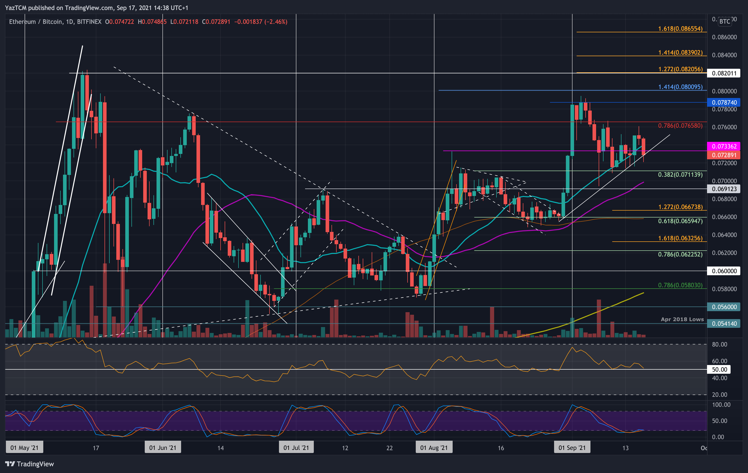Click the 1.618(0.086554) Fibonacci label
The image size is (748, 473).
click(680, 29)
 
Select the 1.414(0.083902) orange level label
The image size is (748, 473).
click(680, 53)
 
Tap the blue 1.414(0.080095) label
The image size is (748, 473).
click(680, 87)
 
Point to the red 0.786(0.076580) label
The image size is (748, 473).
click(680, 126)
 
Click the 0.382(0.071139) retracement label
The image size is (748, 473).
click(680, 174)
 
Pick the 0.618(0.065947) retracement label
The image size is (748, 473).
click(680, 221)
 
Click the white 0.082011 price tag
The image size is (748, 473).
click(724, 73)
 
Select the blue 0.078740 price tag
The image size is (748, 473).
click(724, 102)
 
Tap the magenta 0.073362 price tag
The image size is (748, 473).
click(724, 146)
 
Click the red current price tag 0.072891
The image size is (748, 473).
click(724, 155)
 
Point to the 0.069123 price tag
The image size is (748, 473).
click(724, 189)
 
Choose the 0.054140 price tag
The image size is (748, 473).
click(724, 323)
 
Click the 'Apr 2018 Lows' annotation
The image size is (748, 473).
click(682, 319)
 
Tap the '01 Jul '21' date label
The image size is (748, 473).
click(296, 448)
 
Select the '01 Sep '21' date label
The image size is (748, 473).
click(572, 448)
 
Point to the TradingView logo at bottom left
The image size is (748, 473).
click(30, 464)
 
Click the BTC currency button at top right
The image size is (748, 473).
click(725, 21)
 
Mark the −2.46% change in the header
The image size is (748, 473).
click(276, 22)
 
